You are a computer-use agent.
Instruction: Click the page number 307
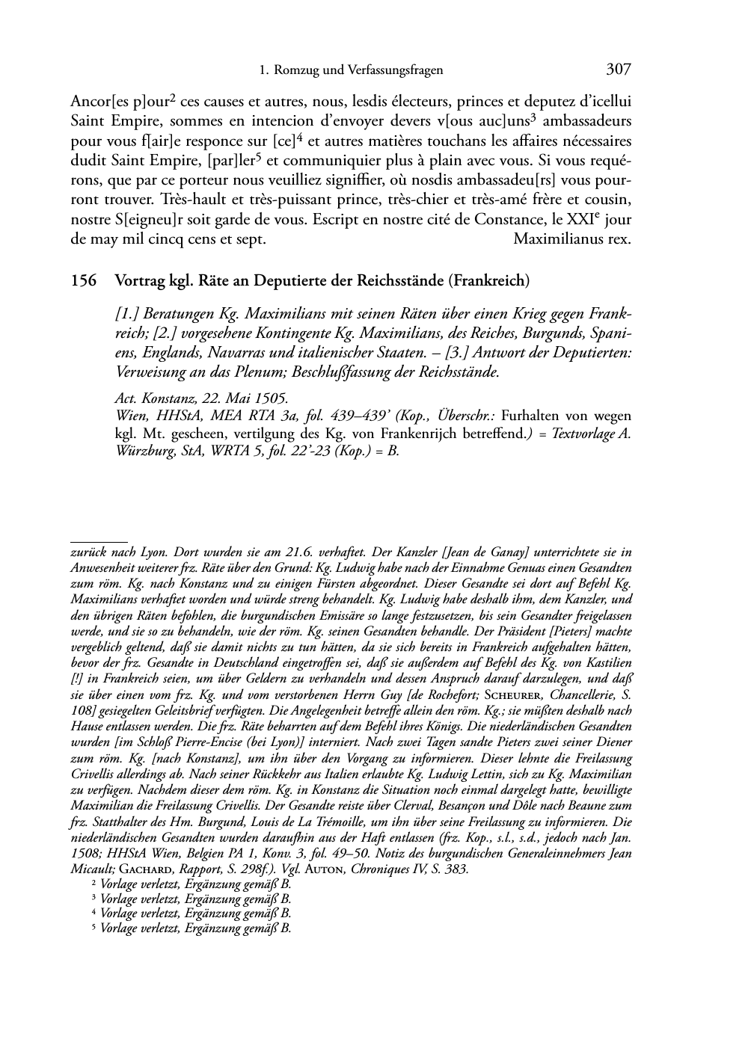(x=619, y=70)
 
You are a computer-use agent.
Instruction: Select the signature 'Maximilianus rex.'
(x=573, y=239)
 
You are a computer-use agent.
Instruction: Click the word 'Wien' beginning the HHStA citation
(x=129, y=416)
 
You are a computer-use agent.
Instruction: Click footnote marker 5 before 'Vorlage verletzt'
(x=94, y=928)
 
